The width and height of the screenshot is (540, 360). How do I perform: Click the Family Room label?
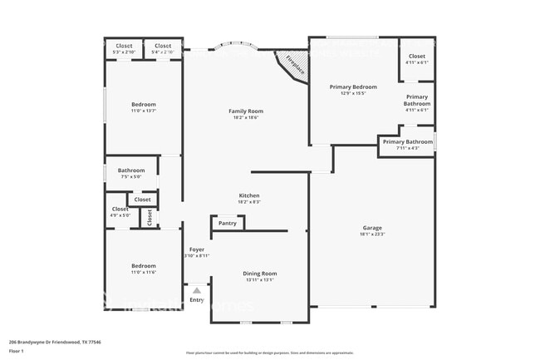pos(246,111)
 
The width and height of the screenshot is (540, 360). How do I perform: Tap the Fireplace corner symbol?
pos(294,64)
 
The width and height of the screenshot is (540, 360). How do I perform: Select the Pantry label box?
pos(228,223)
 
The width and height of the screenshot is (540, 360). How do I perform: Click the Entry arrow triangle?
pos(197,290)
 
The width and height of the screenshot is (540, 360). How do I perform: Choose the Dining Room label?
pos(259,274)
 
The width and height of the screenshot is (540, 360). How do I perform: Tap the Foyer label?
pos(197,249)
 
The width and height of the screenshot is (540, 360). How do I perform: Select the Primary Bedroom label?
pos(353,86)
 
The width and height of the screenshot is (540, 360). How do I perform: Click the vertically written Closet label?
pos(150,218)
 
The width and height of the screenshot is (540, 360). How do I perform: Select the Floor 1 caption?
pos(17,352)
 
